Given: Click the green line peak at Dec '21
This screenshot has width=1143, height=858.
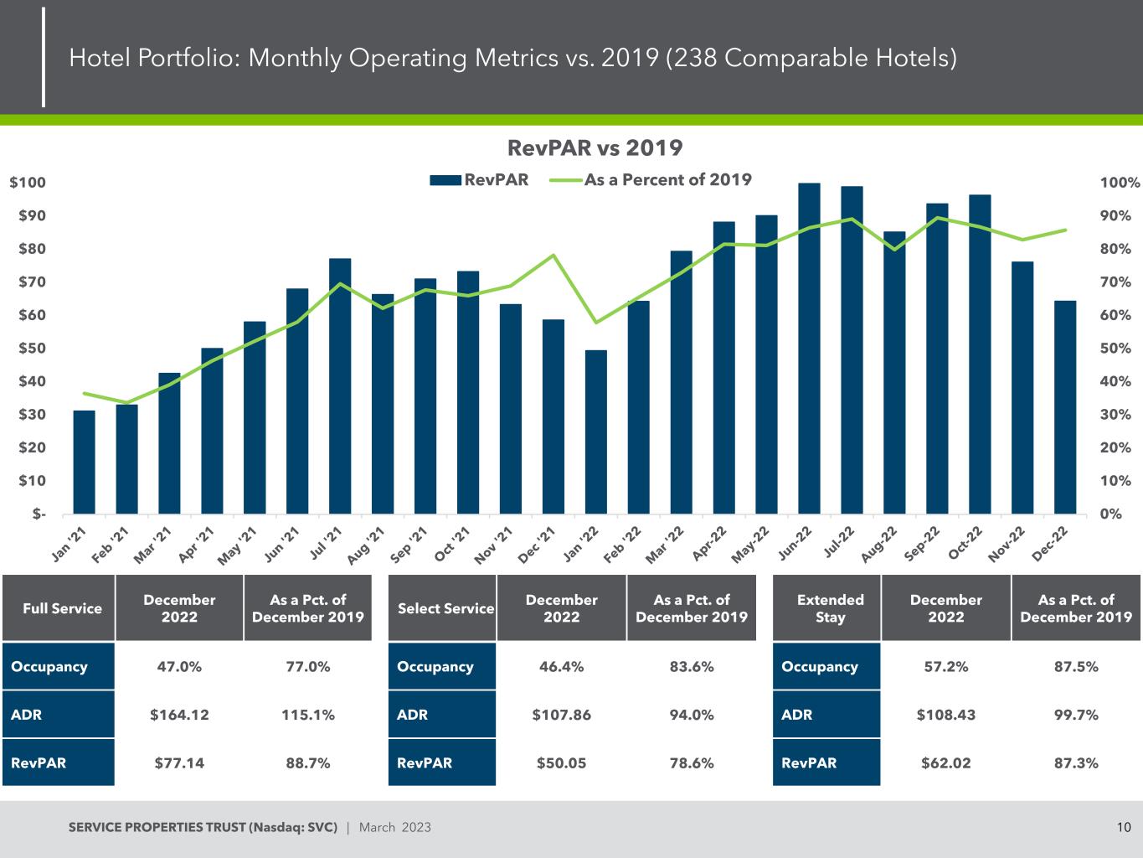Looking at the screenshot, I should tap(553, 255).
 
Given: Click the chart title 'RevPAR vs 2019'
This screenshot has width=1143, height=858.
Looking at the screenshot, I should tap(595, 148).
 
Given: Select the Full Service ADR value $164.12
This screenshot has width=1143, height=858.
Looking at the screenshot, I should tap(179, 715).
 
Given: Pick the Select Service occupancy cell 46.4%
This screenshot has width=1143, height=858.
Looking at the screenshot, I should tap(561, 667).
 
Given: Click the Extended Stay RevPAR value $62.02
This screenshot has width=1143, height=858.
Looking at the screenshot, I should tap(945, 762).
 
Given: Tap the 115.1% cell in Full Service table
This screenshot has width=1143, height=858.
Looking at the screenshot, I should tap(307, 715).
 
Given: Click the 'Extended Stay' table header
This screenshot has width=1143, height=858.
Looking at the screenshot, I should tap(830, 608).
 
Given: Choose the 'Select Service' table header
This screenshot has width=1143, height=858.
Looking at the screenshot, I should tap(445, 608).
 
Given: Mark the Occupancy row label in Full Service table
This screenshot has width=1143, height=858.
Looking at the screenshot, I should tap(49, 667).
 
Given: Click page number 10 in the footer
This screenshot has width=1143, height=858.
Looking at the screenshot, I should tap(1124, 828).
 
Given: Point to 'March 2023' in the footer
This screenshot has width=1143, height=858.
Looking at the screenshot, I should tap(395, 828).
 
